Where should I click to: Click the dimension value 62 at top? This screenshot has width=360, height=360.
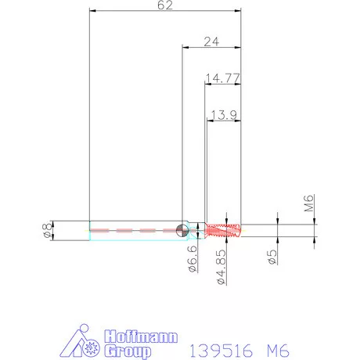coord(165,5)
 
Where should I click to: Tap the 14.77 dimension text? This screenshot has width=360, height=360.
coord(222,77)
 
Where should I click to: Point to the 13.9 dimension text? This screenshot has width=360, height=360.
coord(224,115)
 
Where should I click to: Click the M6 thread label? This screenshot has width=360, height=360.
coord(309,205)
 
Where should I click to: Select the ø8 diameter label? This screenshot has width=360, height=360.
coord(46,230)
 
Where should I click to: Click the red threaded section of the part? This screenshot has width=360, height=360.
coord(224,230)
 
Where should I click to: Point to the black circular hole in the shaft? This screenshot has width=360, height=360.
coord(182,230)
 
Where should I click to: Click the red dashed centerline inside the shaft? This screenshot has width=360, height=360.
coord(133,231)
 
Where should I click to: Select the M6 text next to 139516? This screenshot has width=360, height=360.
coord(270,348)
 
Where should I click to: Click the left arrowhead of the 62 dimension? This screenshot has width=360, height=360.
coord(93,11)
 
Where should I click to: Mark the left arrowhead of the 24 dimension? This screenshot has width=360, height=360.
coord(185,47)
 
